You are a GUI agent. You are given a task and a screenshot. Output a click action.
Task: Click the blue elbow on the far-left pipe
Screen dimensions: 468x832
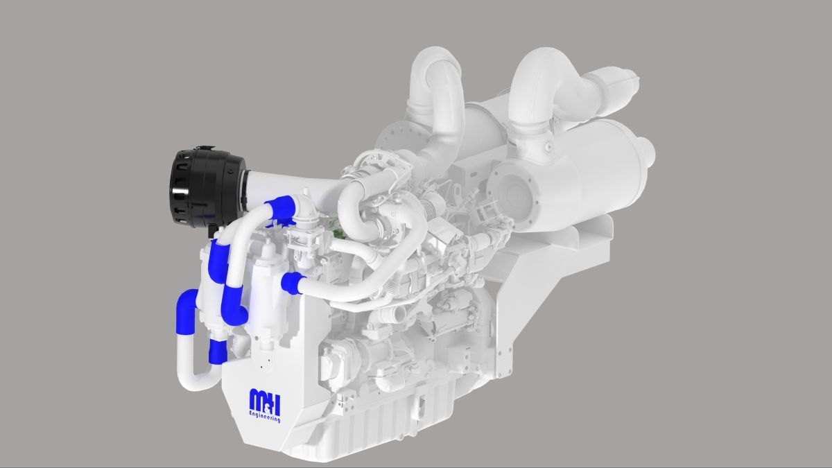click(187, 304)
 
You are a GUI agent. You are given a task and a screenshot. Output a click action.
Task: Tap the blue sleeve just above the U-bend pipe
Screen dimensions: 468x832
click(217, 352)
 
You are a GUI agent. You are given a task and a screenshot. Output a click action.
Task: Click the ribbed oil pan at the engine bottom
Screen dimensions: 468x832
click(388, 423)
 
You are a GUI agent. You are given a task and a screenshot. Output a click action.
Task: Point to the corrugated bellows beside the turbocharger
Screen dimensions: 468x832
click(435, 206)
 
